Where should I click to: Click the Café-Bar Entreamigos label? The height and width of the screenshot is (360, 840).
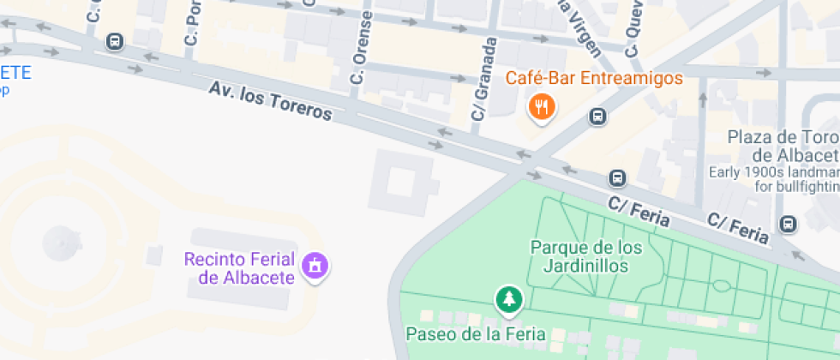click(x=594, y=79)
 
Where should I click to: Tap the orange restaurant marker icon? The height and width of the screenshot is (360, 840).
click(x=541, y=107)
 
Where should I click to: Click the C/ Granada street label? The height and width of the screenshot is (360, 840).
click(x=483, y=79)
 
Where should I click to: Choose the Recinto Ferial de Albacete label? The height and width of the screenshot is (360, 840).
click(x=239, y=268)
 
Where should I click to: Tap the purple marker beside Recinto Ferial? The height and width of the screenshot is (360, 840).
click(x=316, y=266)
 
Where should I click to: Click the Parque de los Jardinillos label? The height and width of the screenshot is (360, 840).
click(x=585, y=256)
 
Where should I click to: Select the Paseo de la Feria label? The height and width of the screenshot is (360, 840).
click(x=475, y=334)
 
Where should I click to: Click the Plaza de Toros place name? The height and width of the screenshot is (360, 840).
click(x=783, y=146)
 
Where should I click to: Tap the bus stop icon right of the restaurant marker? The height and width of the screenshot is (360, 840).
click(x=598, y=117)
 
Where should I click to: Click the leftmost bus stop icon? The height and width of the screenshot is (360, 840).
click(x=115, y=41)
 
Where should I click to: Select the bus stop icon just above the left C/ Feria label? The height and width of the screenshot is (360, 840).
click(x=616, y=178)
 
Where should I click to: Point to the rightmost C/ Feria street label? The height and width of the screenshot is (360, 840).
click(x=738, y=227)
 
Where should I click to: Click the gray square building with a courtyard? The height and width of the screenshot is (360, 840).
click(x=401, y=183)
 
